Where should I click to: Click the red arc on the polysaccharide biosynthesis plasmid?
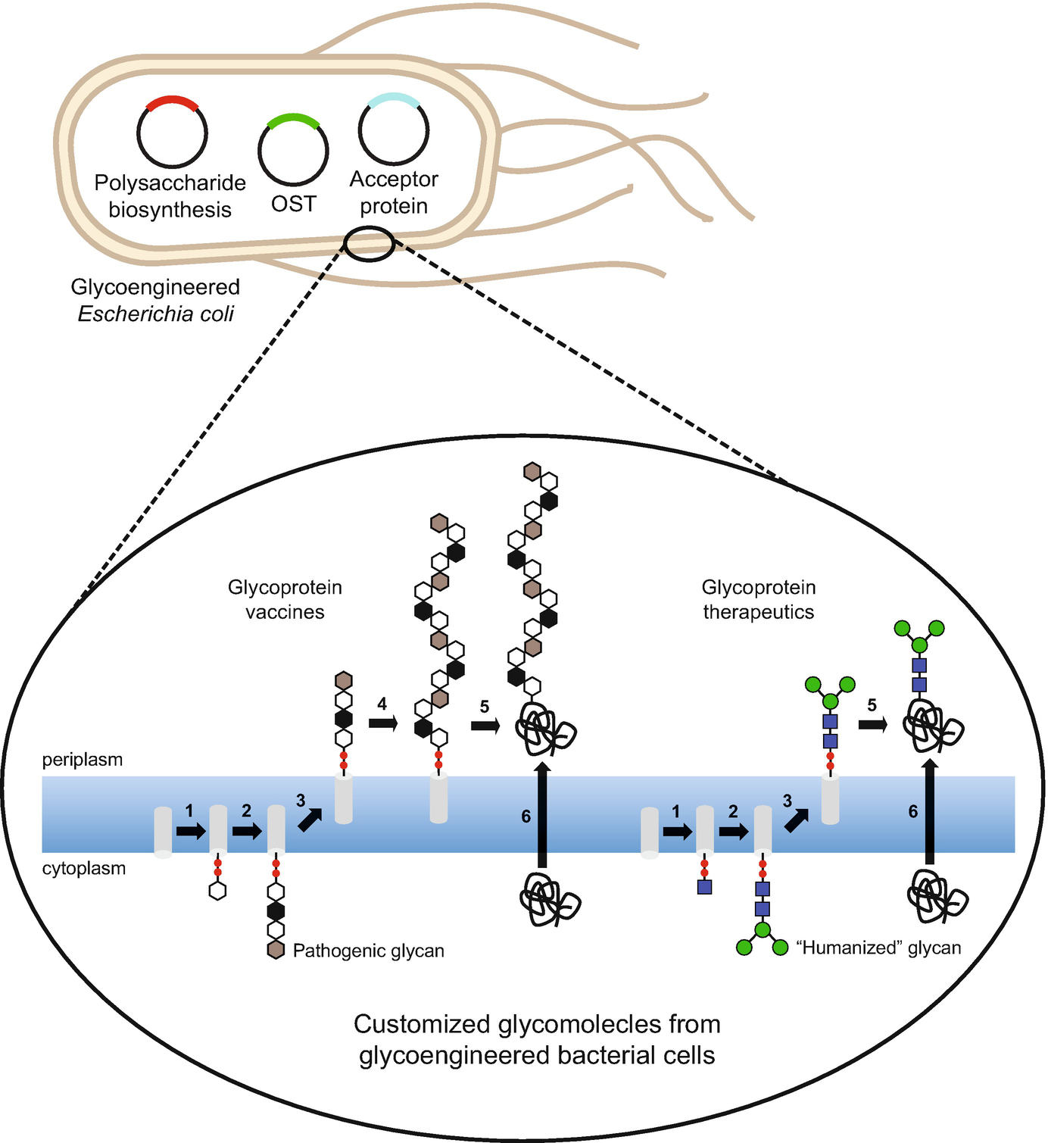point(172,102)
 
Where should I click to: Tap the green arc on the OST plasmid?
point(293,119)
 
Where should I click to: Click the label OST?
point(293,204)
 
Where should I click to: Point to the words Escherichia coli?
point(156,314)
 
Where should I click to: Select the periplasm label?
point(83,760)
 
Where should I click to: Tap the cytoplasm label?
point(84,869)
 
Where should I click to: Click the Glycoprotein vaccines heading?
point(285,599)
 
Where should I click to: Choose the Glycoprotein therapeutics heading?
point(759,599)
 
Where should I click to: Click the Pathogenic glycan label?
point(368,951)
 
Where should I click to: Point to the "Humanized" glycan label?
point(878,948)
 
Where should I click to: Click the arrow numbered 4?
point(383,723)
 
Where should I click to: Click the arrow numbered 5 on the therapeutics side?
point(872,724)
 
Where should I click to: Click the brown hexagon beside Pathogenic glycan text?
point(276,950)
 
